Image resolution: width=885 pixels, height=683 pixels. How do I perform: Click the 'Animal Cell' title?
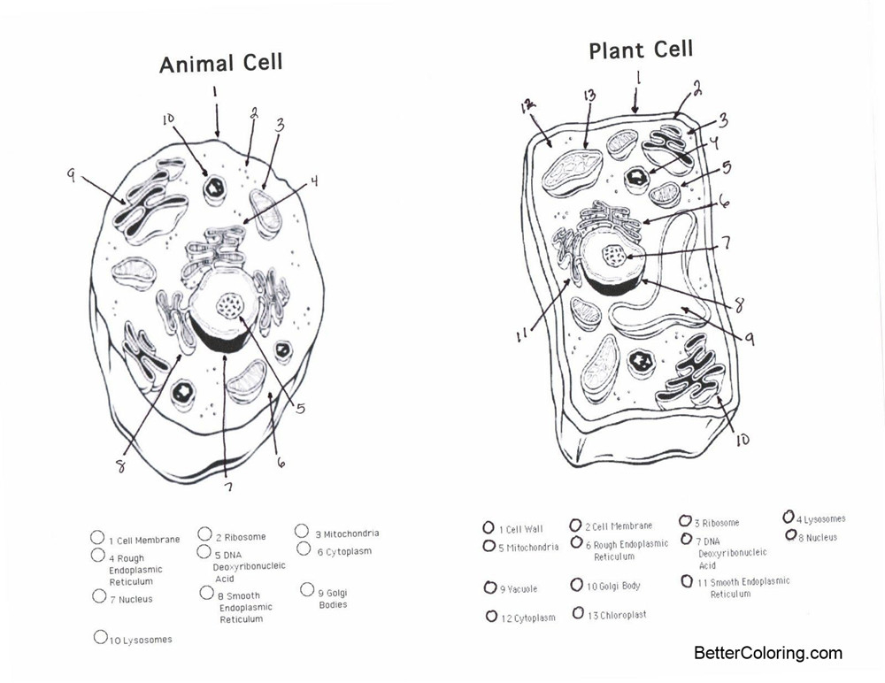pos(221,64)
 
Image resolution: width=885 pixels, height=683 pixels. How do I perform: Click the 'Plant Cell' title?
pos(641,50)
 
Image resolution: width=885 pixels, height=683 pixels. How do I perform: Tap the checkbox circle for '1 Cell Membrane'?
pos(97,537)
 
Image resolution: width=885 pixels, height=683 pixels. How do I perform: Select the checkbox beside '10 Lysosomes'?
pos(100,636)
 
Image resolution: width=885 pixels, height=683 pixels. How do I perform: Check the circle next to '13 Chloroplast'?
pos(578,612)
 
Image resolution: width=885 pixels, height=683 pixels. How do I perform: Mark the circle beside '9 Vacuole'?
pos(490,587)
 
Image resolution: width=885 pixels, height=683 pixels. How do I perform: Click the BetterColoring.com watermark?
pos(767,654)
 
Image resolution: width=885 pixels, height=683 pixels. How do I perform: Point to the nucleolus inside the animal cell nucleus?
pos(232,306)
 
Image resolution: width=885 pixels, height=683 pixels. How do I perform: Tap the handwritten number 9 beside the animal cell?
pos(71,175)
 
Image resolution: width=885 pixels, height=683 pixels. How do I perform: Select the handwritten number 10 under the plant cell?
pos(742,438)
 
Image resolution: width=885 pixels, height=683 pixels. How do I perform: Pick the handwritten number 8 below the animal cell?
pos(120,465)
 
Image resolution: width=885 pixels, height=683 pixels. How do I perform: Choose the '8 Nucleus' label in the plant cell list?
pos(820,537)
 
